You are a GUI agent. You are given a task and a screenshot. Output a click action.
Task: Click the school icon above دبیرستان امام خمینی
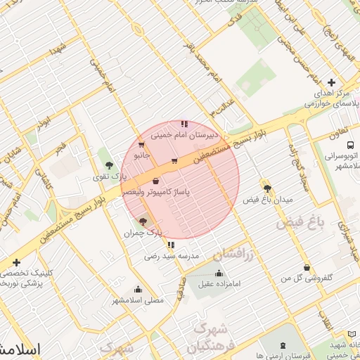pyautogui.click(x=184, y=124)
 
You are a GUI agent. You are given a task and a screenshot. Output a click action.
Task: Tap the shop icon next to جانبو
pyautogui.click(x=142, y=146)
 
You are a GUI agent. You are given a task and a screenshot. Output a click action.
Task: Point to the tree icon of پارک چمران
pyautogui.click(x=143, y=221)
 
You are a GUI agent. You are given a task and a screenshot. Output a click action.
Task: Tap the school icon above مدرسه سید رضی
pyautogui.click(x=171, y=245)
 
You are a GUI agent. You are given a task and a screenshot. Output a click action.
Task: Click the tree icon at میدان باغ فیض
pyautogui.click(x=267, y=188)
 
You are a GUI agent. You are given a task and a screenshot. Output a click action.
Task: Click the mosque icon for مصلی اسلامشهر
pyautogui.click(x=138, y=289)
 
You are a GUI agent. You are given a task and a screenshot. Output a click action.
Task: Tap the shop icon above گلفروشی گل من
pyautogui.click(x=307, y=268)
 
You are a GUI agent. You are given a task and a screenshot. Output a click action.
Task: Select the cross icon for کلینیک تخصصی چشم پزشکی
pyautogui.click(x=16, y=262)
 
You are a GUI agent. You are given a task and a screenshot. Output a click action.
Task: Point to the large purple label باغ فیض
pyautogui.click(x=301, y=222)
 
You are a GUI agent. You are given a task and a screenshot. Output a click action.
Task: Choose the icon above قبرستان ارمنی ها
pyautogui.click(x=283, y=345)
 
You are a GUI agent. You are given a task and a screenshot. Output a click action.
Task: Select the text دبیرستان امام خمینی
pyautogui.click(x=207, y=132)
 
